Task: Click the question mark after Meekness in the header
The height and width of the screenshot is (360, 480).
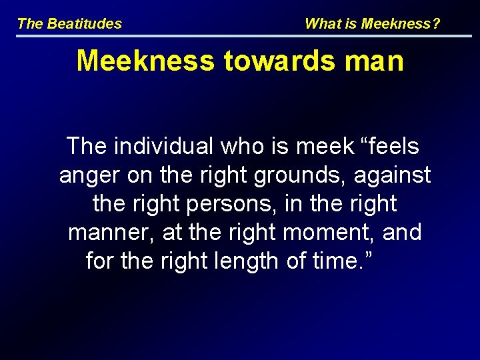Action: (x=437, y=24)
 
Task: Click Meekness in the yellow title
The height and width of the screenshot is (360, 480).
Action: (x=145, y=61)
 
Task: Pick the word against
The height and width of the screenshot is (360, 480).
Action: (x=393, y=175)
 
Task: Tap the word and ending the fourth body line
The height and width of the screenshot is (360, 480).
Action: (x=402, y=233)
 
